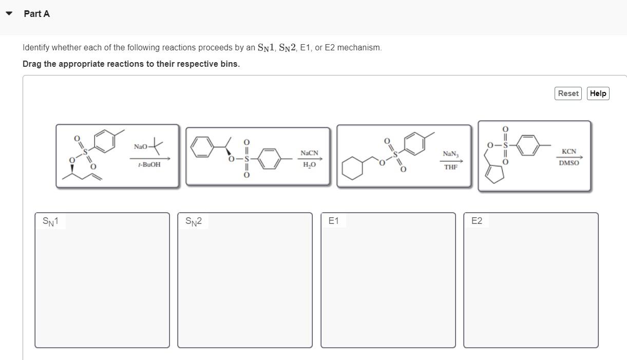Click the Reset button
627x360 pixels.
568,93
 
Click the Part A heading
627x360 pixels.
36,14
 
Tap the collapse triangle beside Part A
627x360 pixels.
9,14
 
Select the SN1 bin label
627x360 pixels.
50,221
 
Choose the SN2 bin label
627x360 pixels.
194,221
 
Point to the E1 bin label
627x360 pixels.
333,221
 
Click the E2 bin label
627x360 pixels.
477,221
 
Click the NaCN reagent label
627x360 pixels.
309,153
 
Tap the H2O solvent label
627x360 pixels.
309,165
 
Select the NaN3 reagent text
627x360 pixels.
450,154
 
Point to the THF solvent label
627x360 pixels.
450,167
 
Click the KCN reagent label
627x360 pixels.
569,151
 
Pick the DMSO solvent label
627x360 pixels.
569,163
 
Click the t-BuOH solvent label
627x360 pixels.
149,164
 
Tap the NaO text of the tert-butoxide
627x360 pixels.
140,147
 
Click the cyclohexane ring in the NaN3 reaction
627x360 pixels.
352,168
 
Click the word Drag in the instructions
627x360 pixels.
32,64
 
